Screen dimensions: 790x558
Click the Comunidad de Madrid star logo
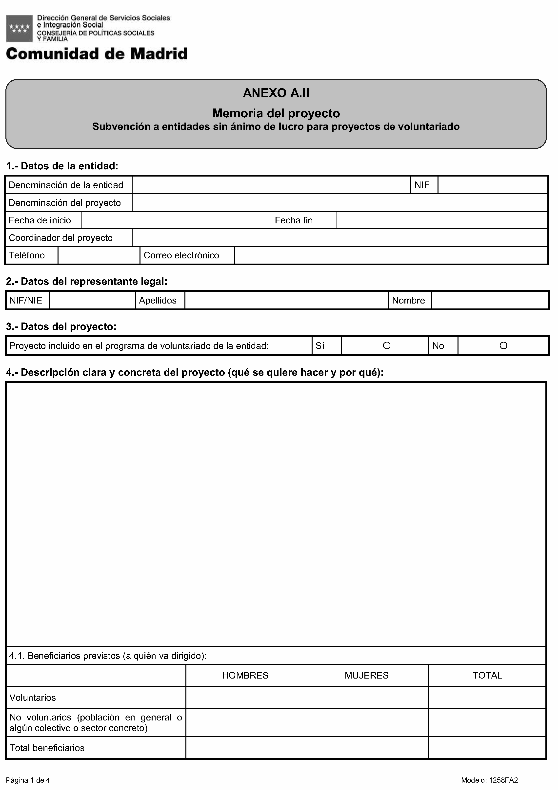point(19,29)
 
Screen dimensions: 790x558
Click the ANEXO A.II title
point(276,93)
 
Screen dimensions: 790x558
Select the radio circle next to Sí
point(386,345)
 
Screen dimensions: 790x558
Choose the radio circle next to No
point(503,345)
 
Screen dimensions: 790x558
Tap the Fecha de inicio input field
point(176,220)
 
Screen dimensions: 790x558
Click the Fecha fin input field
point(442,220)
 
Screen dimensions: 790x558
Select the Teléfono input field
point(99,255)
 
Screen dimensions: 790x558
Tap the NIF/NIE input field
point(92,300)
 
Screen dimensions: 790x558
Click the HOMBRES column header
point(245,675)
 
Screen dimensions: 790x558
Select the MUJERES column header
point(366,675)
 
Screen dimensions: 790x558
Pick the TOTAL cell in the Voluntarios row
point(487,698)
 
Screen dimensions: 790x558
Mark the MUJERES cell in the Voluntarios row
point(366,698)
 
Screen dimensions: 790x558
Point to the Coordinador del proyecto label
point(61,238)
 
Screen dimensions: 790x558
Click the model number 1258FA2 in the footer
point(489,780)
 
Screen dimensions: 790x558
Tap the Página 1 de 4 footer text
point(28,780)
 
